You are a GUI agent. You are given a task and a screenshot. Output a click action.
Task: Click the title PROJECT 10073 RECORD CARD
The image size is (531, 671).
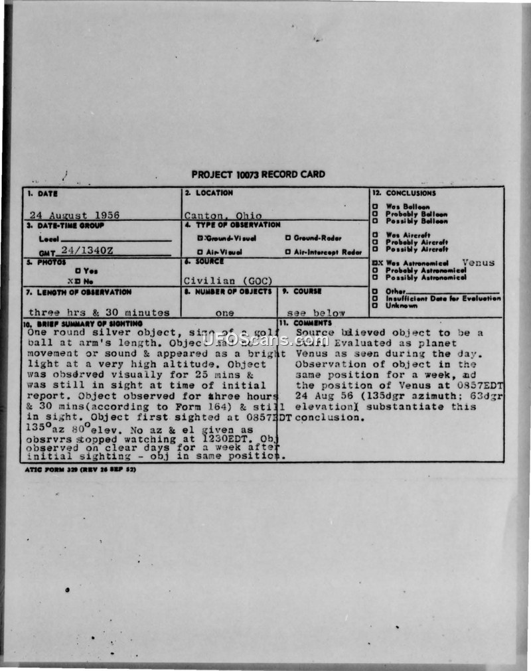coord(258,175)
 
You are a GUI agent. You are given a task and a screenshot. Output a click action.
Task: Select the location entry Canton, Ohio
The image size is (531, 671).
coord(223,215)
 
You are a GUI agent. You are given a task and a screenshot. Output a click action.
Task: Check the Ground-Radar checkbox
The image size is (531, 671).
coord(288,238)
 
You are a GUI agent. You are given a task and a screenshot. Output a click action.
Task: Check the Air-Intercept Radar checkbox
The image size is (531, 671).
coord(288,252)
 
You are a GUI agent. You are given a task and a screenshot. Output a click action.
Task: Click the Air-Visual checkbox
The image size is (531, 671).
coord(200,252)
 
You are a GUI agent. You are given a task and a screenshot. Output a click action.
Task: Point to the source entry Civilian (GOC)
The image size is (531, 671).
coord(228,281)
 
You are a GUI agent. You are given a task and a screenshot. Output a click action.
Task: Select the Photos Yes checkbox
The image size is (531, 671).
coord(78,270)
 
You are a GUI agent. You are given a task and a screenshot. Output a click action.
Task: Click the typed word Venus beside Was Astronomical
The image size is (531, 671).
coord(478,263)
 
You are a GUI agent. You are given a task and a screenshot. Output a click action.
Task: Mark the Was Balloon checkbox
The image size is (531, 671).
coord(376,206)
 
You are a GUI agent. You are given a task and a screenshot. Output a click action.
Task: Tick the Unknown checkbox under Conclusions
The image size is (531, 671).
coord(376,306)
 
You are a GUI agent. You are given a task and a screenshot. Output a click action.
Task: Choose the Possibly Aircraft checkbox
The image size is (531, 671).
coord(376,249)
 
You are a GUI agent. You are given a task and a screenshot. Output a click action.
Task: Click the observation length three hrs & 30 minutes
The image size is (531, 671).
coord(99,313)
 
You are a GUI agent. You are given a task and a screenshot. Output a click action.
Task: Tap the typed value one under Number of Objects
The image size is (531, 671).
coord(228,313)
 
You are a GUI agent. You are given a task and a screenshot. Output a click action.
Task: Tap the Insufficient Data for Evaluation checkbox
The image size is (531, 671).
coord(376,299)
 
